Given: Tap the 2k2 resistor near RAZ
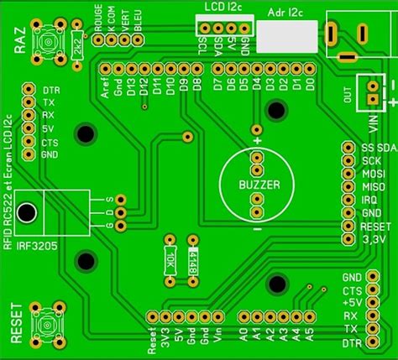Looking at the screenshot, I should pyautogui.click(x=77, y=43).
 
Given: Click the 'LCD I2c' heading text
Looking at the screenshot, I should pyautogui.click(x=223, y=7).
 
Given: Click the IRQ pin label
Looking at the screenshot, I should pyautogui.click(x=369, y=200).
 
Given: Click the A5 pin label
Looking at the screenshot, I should pyautogui.click(x=310, y=335).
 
